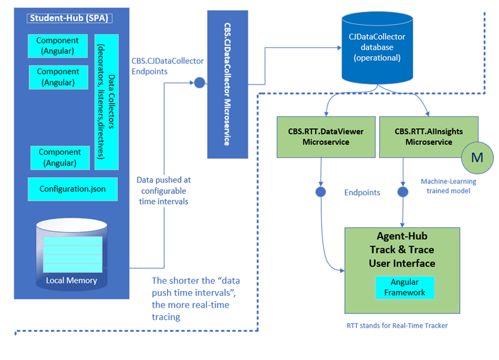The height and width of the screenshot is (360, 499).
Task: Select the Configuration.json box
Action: click(73, 189)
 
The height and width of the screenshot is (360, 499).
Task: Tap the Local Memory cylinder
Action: click(71, 256)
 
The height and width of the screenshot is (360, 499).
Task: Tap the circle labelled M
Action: click(477, 157)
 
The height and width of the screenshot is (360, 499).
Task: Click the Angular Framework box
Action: click(404, 287)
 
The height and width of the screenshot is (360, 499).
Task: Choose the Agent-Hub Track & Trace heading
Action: click(401, 250)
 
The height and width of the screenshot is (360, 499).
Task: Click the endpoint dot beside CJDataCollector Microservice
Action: click(199, 82)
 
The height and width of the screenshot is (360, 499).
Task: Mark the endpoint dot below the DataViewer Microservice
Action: click(321, 192)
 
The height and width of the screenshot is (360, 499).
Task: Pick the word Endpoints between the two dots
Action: click(362, 193)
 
